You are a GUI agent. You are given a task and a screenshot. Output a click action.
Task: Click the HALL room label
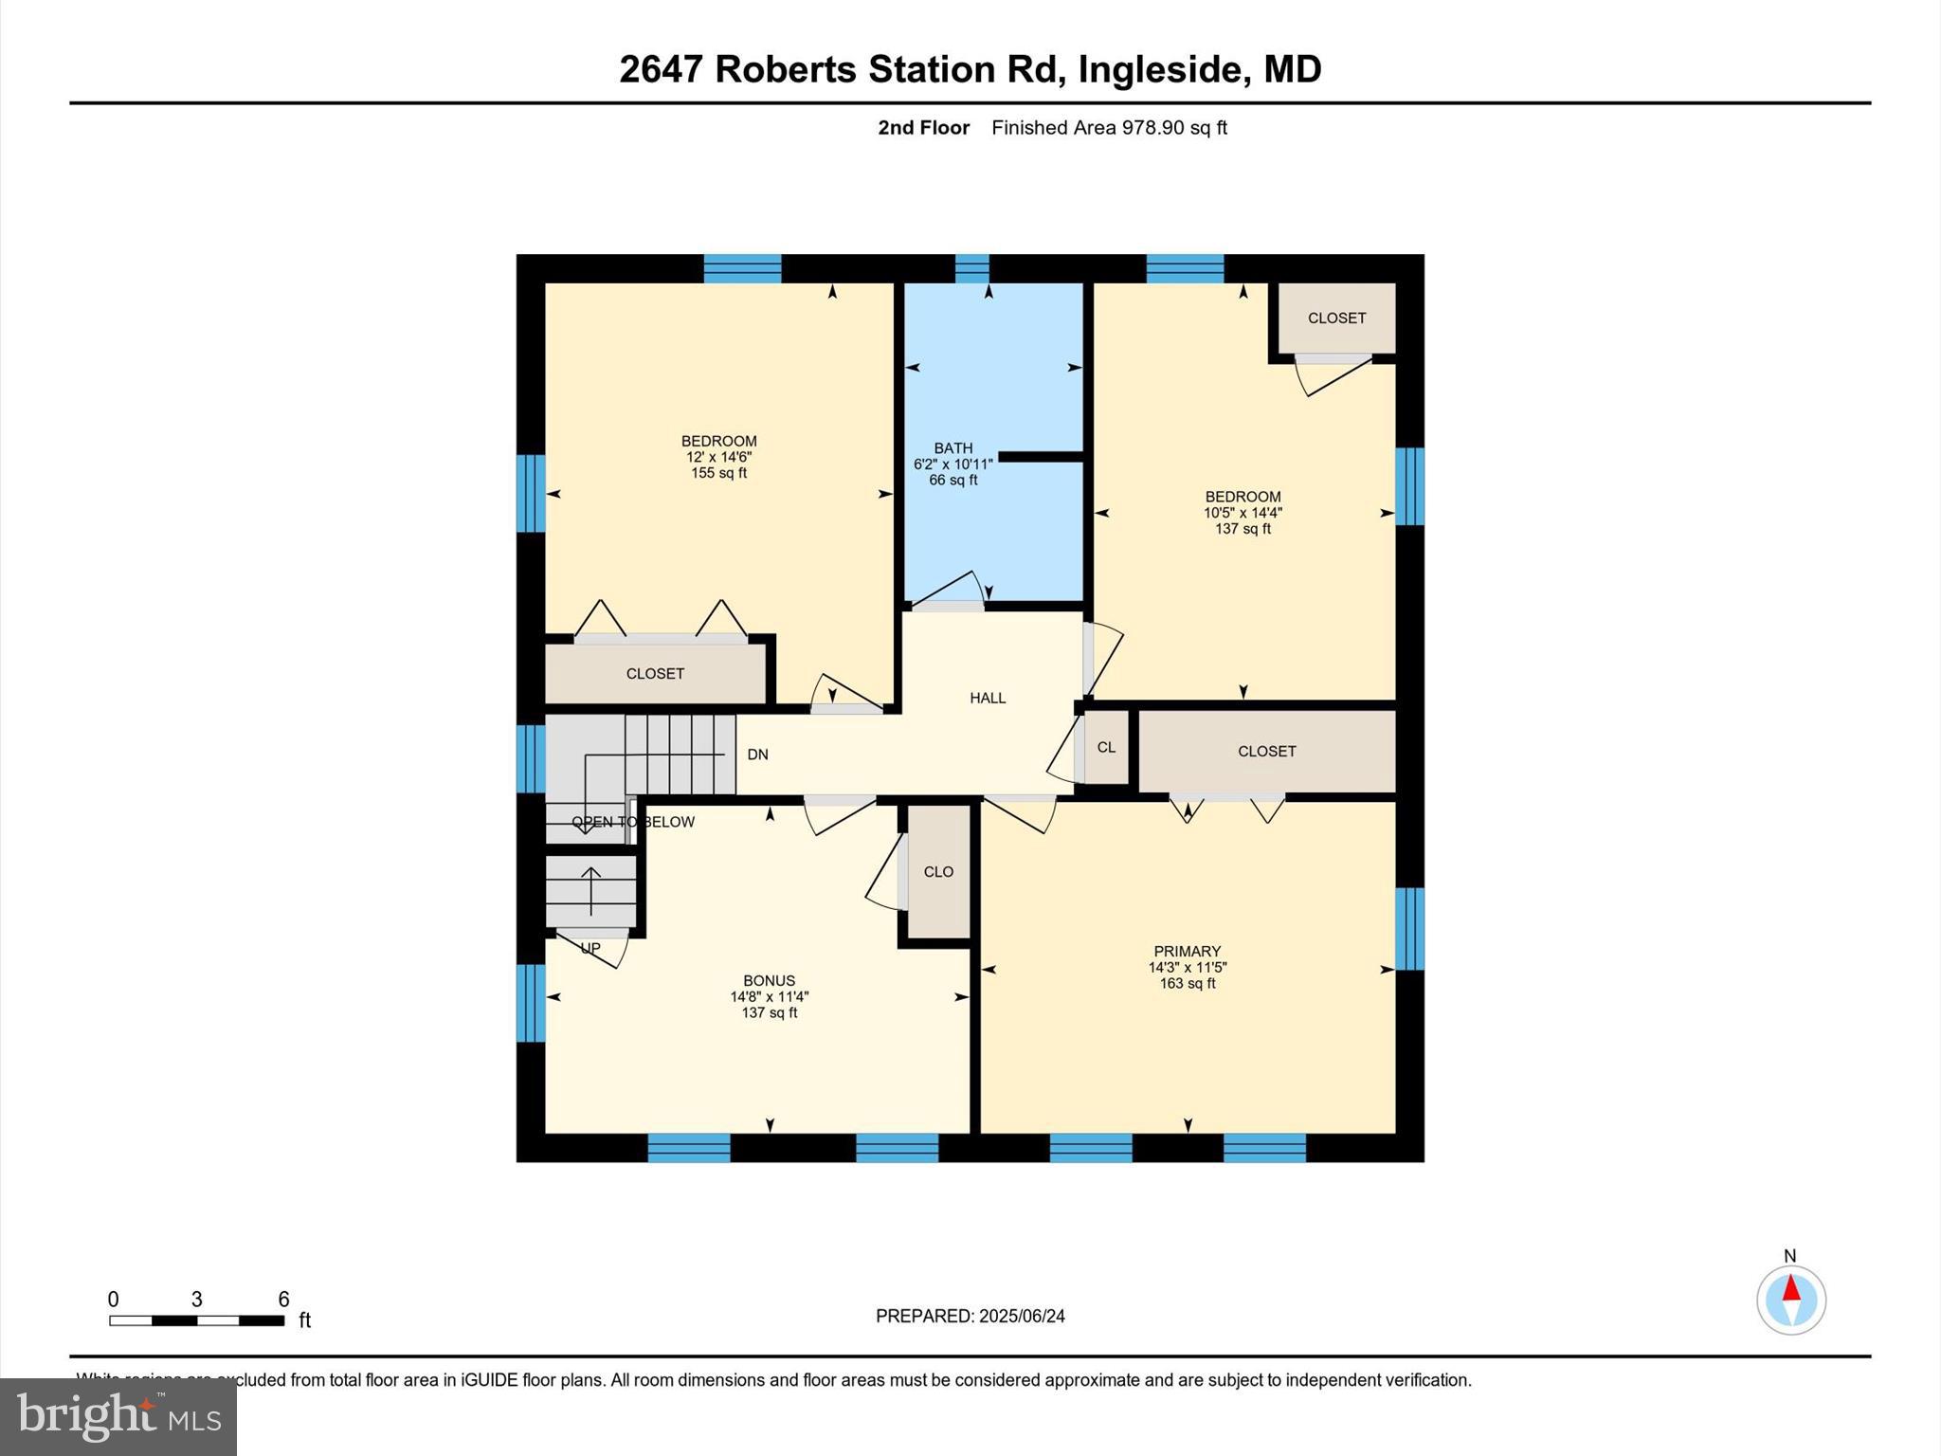(988, 698)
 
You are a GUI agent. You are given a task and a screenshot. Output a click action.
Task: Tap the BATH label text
(952, 448)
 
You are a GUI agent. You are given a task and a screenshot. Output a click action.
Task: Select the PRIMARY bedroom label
(1187, 951)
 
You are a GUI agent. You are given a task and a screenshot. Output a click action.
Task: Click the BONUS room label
(769, 981)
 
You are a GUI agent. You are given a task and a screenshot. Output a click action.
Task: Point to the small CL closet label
(1106, 747)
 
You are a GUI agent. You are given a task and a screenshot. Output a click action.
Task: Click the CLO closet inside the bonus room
(938, 872)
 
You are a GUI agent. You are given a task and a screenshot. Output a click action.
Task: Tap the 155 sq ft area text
(718, 473)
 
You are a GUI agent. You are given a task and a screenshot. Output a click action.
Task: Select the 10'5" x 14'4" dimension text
(1243, 513)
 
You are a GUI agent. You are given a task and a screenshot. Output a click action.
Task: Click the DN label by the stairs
(757, 755)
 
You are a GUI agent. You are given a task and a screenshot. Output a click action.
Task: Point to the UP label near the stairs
(590, 948)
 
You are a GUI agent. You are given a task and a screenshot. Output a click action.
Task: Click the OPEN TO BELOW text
(633, 822)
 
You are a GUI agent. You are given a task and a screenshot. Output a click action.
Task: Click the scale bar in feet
(196, 1319)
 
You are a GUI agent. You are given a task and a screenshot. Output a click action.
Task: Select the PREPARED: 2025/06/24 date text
(970, 1316)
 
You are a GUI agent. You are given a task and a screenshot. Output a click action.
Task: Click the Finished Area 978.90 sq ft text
(1109, 128)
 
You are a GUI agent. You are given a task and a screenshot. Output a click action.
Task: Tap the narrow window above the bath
(971, 268)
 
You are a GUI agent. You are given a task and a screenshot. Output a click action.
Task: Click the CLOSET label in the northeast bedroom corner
(1336, 318)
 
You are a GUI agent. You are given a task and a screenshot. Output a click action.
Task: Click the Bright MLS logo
(118, 1416)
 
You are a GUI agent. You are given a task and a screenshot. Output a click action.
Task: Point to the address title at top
(970, 69)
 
